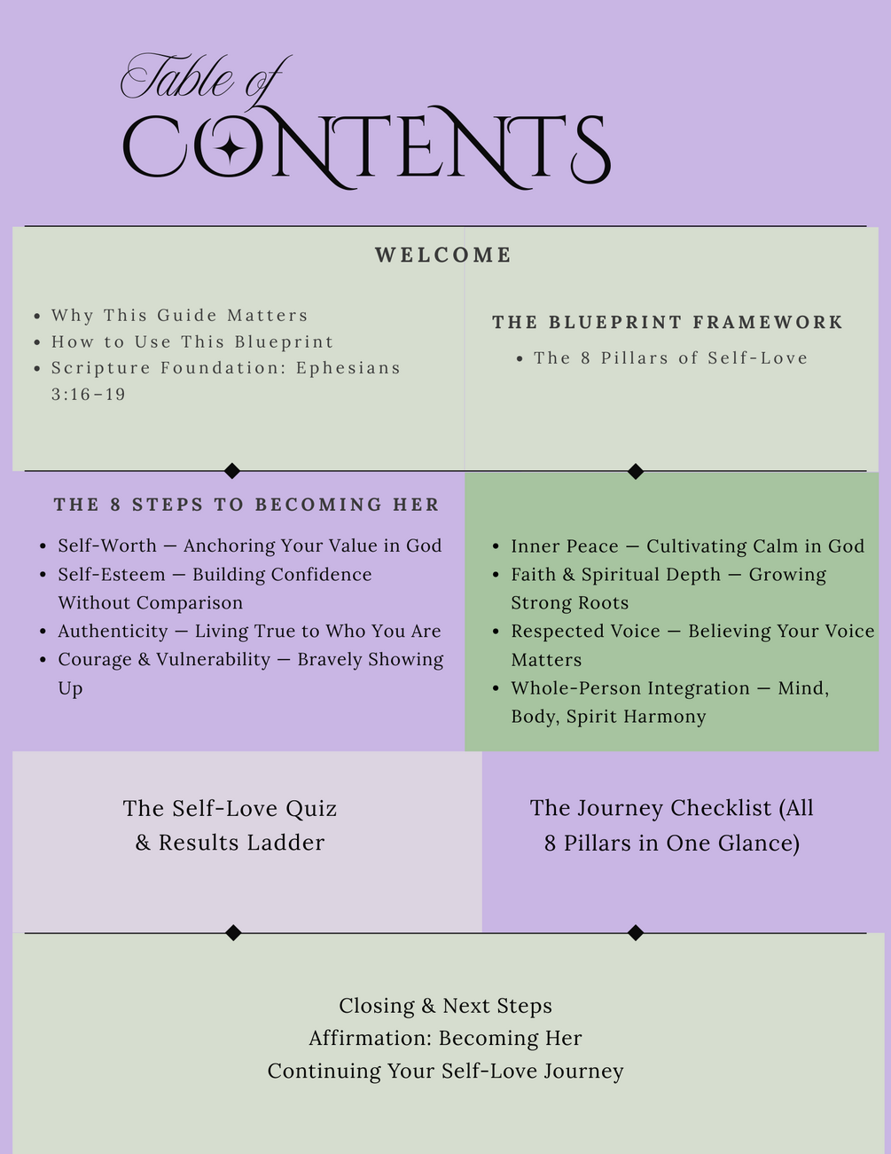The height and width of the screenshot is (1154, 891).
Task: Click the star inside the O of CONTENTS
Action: tap(230, 147)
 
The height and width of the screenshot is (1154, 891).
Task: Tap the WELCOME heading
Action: tap(443, 255)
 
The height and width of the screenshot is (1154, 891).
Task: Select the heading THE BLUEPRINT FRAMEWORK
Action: tap(668, 322)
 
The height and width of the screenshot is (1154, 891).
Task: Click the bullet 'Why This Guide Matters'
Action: tap(179, 315)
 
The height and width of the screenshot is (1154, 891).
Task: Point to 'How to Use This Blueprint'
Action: tap(192, 341)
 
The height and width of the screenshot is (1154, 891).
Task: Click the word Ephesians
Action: tap(348, 367)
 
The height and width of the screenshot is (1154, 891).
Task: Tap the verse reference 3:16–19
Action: tap(88, 394)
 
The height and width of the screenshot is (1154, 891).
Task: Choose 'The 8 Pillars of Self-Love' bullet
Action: tap(671, 358)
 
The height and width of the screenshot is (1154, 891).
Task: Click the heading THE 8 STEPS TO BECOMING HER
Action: tap(246, 504)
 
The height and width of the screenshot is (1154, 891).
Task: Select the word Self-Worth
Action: tap(107, 546)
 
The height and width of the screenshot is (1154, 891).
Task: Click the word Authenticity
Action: tap(113, 631)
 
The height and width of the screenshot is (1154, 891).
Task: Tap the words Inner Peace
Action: tap(565, 546)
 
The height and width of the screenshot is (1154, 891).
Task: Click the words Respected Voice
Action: tap(586, 631)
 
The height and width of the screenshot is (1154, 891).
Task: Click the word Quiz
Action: tap(311, 808)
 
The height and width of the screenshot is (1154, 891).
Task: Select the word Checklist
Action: tap(721, 808)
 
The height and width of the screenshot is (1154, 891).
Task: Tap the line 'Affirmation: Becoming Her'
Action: tap(445, 1038)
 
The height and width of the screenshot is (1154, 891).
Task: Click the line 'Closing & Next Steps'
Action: tap(445, 1005)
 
